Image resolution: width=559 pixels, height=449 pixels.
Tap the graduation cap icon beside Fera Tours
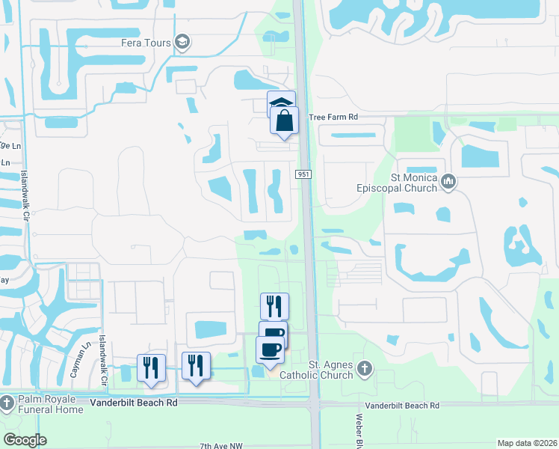(x=181, y=40)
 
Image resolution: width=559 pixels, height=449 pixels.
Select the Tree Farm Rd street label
(x=334, y=117)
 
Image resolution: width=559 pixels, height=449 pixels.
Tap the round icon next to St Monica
(x=448, y=180)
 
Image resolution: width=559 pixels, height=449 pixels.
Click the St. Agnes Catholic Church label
(x=320, y=369)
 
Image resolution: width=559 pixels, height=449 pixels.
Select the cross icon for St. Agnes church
(x=364, y=367)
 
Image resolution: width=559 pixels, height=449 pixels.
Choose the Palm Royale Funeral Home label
(x=51, y=404)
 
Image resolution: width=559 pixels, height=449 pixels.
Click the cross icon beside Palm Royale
(x=7, y=403)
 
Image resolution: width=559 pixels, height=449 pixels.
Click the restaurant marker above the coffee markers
(x=274, y=305)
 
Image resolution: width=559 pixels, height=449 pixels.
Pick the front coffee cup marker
(x=270, y=349)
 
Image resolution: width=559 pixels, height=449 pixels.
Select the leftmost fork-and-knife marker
(x=151, y=367)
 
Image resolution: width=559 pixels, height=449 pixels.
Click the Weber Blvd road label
(x=359, y=430)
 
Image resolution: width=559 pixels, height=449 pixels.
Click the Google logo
(x=25, y=440)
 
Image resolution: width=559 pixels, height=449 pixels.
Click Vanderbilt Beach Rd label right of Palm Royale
(x=134, y=402)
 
